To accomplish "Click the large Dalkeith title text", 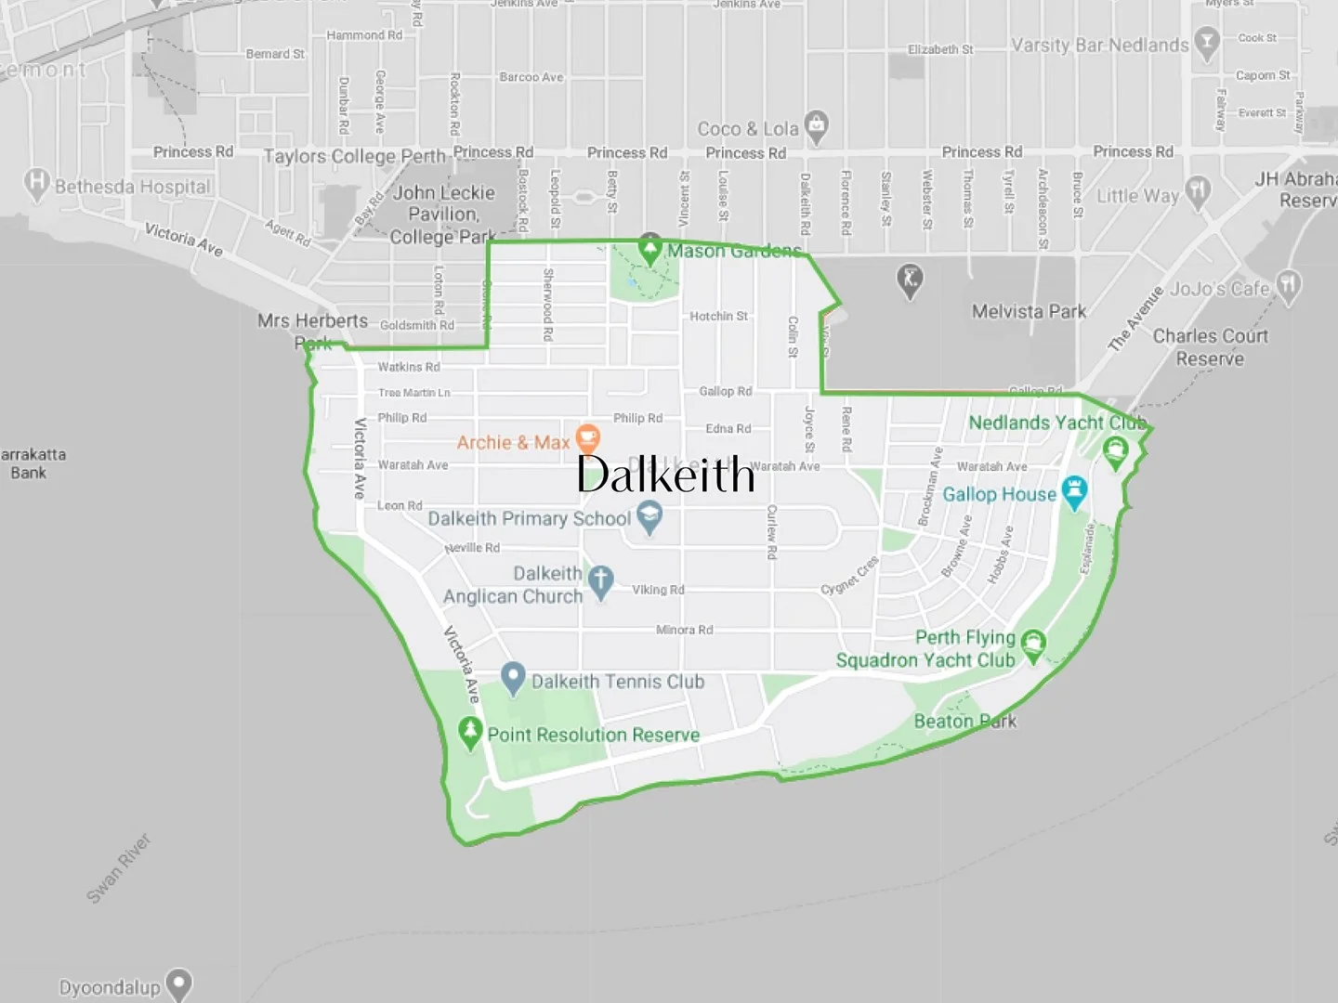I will [x=665, y=475].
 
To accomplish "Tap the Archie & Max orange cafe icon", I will [x=587, y=438].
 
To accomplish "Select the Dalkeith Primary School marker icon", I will [x=649, y=517].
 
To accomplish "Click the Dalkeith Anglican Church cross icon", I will [x=601, y=581].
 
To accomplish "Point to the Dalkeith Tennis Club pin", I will [x=513, y=679].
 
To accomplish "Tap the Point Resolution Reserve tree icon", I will [x=470, y=732].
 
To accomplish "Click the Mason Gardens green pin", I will [x=649, y=249].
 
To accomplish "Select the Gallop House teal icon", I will [x=1075, y=491].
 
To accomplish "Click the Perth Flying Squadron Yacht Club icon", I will [x=1033, y=644].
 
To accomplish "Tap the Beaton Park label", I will [x=964, y=721].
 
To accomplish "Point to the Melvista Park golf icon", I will [x=910, y=279].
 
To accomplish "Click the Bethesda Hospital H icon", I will [x=36, y=183].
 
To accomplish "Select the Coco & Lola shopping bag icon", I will [x=816, y=125].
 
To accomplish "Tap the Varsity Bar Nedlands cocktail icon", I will [x=1206, y=43].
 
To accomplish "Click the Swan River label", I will [x=118, y=868].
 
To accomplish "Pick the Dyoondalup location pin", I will [x=178, y=984].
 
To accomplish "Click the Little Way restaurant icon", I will [x=1199, y=191].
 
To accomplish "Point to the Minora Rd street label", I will [x=684, y=630].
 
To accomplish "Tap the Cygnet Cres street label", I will [x=849, y=576].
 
